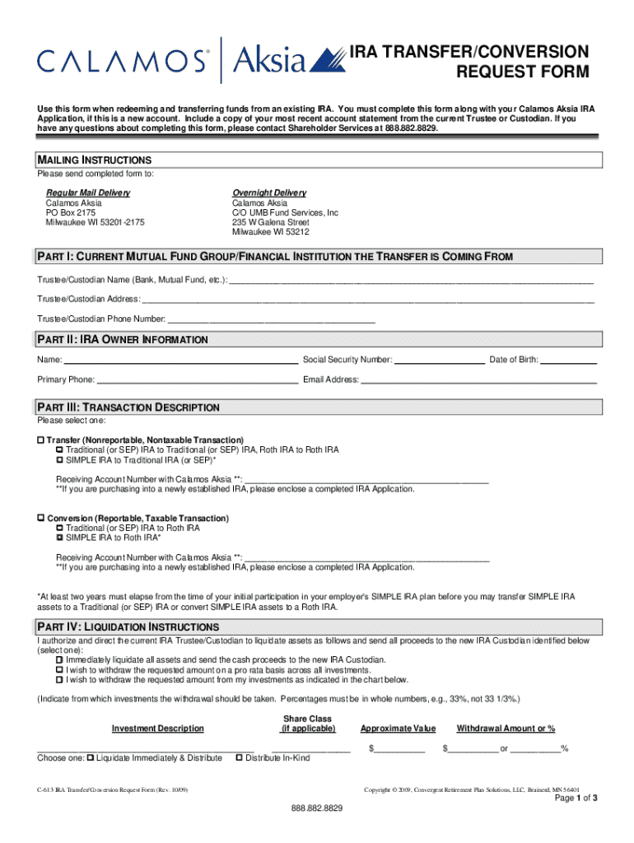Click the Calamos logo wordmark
tap(122, 61)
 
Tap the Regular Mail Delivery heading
tap(87, 193)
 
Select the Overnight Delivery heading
tap(269, 193)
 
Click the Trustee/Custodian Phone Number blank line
tap(271, 319)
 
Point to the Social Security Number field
tap(439, 360)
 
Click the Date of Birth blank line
tap(567, 360)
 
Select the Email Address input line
tap(478, 380)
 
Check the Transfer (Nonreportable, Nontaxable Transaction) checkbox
tap(40, 440)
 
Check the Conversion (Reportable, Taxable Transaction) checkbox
tap(40, 519)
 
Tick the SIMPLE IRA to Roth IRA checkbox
tap(60, 538)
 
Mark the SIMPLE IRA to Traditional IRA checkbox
tap(60, 460)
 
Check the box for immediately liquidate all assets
tap(60, 659)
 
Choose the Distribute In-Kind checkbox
tap(240, 757)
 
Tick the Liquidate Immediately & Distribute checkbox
tap(91, 757)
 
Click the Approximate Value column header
tap(398, 729)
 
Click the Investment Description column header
tap(158, 729)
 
